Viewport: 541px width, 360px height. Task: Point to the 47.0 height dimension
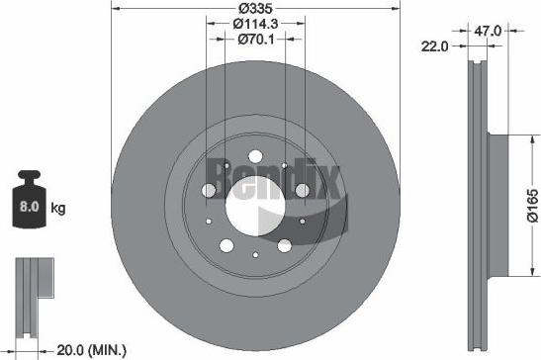point(488,32)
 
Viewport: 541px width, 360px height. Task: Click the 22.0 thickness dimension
point(436,45)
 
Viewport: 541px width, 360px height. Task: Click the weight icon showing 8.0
point(30,208)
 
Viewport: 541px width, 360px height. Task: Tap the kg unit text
point(58,209)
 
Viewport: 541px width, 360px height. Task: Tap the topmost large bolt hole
point(256,156)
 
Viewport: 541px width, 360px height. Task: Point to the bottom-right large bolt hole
point(284,243)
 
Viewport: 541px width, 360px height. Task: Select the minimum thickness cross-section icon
point(31,286)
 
